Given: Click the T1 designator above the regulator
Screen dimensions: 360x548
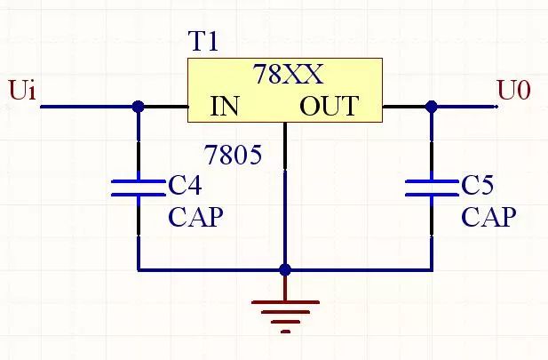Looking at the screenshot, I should click(x=203, y=42).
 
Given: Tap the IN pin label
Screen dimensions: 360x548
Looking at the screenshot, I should click(x=225, y=107).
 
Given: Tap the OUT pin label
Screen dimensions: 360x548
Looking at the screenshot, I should click(x=328, y=107).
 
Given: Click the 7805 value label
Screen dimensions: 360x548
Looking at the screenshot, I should click(x=233, y=156).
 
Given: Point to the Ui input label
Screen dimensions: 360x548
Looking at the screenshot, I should click(x=21, y=91).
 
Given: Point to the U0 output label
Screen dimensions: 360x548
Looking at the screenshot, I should click(x=513, y=91).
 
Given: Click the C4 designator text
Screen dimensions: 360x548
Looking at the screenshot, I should click(x=185, y=185).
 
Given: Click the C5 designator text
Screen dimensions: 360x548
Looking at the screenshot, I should click(x=477, y=185).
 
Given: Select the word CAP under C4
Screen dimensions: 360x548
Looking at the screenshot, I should click(x=195, y=217).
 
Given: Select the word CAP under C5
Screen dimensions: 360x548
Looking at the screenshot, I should click(x=488, y=217).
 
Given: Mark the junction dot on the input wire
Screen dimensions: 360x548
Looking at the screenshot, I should click(x=138, y=107).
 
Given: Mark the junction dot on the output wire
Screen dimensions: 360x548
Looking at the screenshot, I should click(x=432, y=107).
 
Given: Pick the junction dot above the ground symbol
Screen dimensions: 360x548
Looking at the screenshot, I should click(x=285, y=269).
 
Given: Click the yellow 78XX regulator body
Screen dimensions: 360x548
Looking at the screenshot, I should click(x=284, y=90).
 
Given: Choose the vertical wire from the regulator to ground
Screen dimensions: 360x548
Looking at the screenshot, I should click(x=285, y=213).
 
